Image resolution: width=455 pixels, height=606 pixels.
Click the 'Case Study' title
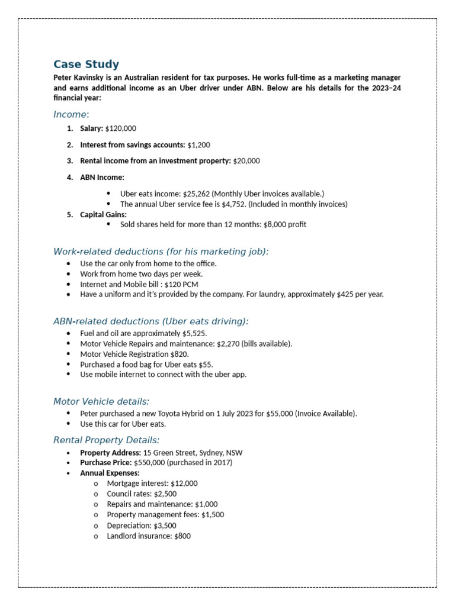point(86,65)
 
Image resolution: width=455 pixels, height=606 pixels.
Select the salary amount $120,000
point(120,128)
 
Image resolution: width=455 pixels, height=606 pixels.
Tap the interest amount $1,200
point(198,145)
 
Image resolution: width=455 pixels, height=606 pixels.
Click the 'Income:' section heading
point(71,114)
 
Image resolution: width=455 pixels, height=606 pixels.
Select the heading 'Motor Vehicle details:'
point(101,402)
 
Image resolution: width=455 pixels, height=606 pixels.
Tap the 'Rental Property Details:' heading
point(106,440)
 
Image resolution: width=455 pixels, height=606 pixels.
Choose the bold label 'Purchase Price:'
point(106,463)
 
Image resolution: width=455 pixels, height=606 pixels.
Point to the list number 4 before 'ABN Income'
point(69,177)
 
